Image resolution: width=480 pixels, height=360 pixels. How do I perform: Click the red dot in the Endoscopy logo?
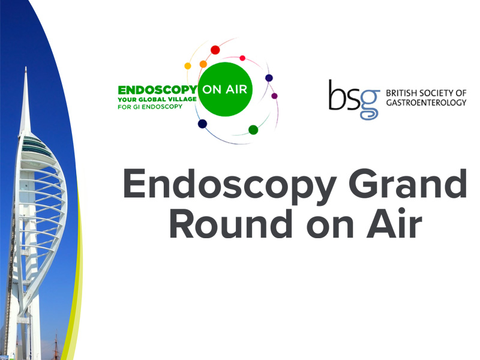[x=215, y=50]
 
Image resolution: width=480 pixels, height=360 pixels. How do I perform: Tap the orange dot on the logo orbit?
[x=203, y=64]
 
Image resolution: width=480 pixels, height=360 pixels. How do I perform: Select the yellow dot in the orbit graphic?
[x=188, y=66]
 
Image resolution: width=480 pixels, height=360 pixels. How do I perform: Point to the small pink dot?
[x=242, y=58]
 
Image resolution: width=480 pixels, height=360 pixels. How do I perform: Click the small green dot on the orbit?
[x=253, y=130]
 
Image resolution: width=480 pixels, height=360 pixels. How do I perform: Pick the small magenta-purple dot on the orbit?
[x=275, y=96]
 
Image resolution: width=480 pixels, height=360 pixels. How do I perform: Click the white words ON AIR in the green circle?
[x=225, y=89]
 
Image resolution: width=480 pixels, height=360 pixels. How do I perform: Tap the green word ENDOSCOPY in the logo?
[x=158, y=91]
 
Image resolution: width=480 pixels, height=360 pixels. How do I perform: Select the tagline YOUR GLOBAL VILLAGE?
[x=157, y=100]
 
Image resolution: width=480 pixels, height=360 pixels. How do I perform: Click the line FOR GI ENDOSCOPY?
[x=150, y=107]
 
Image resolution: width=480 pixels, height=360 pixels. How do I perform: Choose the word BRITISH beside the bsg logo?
[x=401, y=93]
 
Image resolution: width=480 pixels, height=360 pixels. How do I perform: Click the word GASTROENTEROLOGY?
[x=426, y=103]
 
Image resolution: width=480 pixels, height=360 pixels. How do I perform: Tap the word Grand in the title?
[x=408, y=184]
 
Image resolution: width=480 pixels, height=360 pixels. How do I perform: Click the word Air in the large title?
[x=394, y=223]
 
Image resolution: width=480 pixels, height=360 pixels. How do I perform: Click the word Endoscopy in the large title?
[x=230, y=187]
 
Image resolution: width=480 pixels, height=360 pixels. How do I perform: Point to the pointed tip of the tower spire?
[x=26, y=67]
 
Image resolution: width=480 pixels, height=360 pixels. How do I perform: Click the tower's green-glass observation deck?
[x=37, y=146]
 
